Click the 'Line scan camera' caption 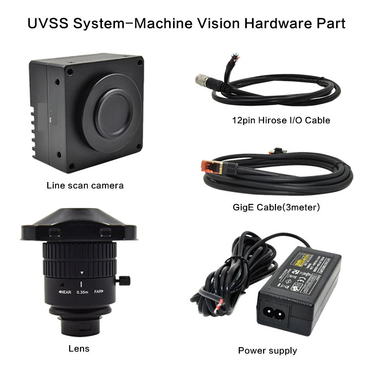point(85,186)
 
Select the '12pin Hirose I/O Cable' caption point(281,120)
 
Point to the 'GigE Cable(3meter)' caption point(276,206)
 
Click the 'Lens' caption point(79,348)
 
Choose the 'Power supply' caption point(267,350)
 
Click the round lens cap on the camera point(114,112)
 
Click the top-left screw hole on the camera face point(69,72)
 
